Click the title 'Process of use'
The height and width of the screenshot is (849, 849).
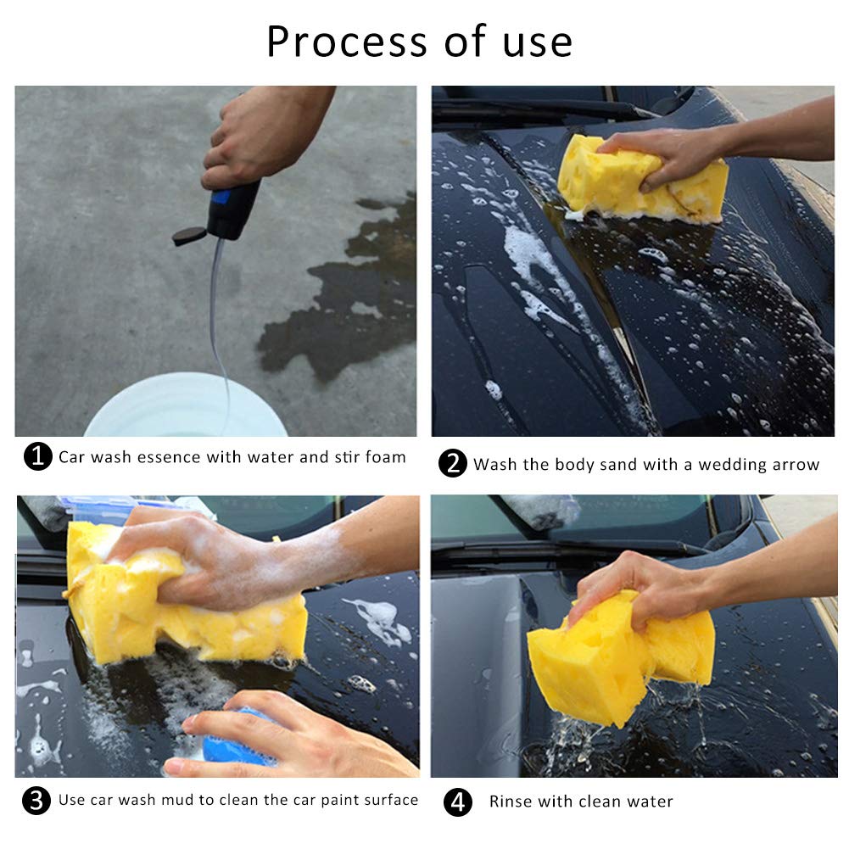pos(419,42)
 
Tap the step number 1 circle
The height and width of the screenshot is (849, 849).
pos(37,457)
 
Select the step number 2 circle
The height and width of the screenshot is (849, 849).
pos(453,464)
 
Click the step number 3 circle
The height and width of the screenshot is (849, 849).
pos(37,800)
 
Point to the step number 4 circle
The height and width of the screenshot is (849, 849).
pos(458,802)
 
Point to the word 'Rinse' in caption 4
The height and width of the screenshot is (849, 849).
pos(511,802)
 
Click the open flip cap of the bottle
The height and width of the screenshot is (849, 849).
pos(188,236)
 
